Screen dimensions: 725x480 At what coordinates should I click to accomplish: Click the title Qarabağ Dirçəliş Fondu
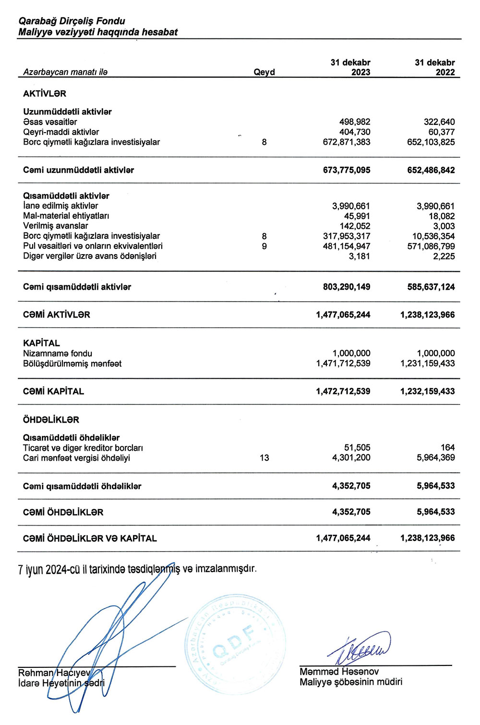(72, 21)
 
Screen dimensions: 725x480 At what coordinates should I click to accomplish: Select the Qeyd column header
(264, 72)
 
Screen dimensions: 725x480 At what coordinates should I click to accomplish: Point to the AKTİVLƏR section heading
(45, 94)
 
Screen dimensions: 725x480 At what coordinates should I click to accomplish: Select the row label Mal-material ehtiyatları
(66, 216)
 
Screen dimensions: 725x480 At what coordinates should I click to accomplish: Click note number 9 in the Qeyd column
(264, 246)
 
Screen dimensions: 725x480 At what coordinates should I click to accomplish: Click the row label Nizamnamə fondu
(58, 354)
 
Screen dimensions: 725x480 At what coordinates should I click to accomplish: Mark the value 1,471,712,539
(343, 364)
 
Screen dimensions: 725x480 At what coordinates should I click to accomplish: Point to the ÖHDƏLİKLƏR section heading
(51, 420)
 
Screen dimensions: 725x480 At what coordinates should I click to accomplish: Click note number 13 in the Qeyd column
(264, 458)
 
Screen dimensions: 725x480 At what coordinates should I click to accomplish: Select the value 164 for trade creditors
(447, 448)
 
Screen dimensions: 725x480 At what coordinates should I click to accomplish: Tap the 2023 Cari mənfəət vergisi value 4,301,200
(351, 458)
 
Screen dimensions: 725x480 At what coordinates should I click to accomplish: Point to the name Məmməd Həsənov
(339, 672)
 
